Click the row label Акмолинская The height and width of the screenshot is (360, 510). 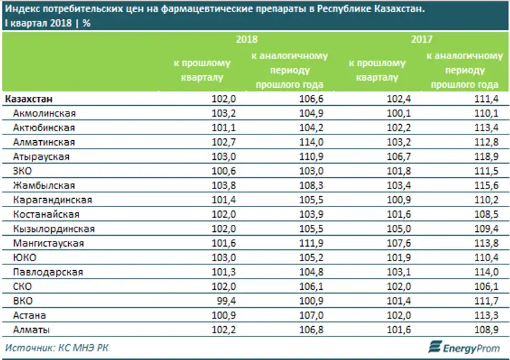tap(44, 113)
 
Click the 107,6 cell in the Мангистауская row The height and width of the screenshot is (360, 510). tap(393, 243)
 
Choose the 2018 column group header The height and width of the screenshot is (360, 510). tap(248, 40)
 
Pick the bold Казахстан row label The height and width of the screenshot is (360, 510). tap(29, 99)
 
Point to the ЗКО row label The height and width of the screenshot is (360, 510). tap(24, 171)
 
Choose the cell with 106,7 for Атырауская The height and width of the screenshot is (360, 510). tap(393, 157)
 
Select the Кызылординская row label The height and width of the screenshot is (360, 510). tap(54, 229)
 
